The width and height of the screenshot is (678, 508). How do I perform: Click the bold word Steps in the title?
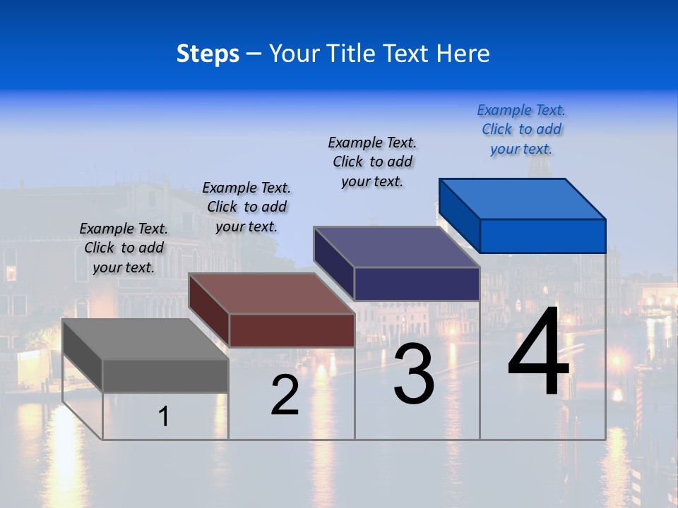click(208, 54)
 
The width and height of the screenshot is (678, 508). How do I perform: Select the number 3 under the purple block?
click(414, 374)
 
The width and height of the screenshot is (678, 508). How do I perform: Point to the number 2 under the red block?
click(285, 396)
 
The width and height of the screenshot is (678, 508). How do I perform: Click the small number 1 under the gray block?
click(164, 417)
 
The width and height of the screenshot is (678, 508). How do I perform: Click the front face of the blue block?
click(542, 236)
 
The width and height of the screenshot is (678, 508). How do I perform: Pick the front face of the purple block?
click(417, 284)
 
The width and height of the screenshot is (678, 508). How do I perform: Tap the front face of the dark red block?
click(292, 330)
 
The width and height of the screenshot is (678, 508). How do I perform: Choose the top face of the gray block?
click(145, 339)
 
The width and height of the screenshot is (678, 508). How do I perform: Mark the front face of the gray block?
click(165, 375)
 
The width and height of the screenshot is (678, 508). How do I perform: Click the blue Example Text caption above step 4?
click(521, 129)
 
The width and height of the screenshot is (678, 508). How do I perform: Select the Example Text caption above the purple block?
click(372, 162)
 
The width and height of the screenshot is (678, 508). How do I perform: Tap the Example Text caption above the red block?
click(246, 207)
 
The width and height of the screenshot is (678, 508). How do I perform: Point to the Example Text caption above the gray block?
click(124, 248)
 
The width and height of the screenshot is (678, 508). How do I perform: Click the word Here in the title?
click(463, 54)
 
